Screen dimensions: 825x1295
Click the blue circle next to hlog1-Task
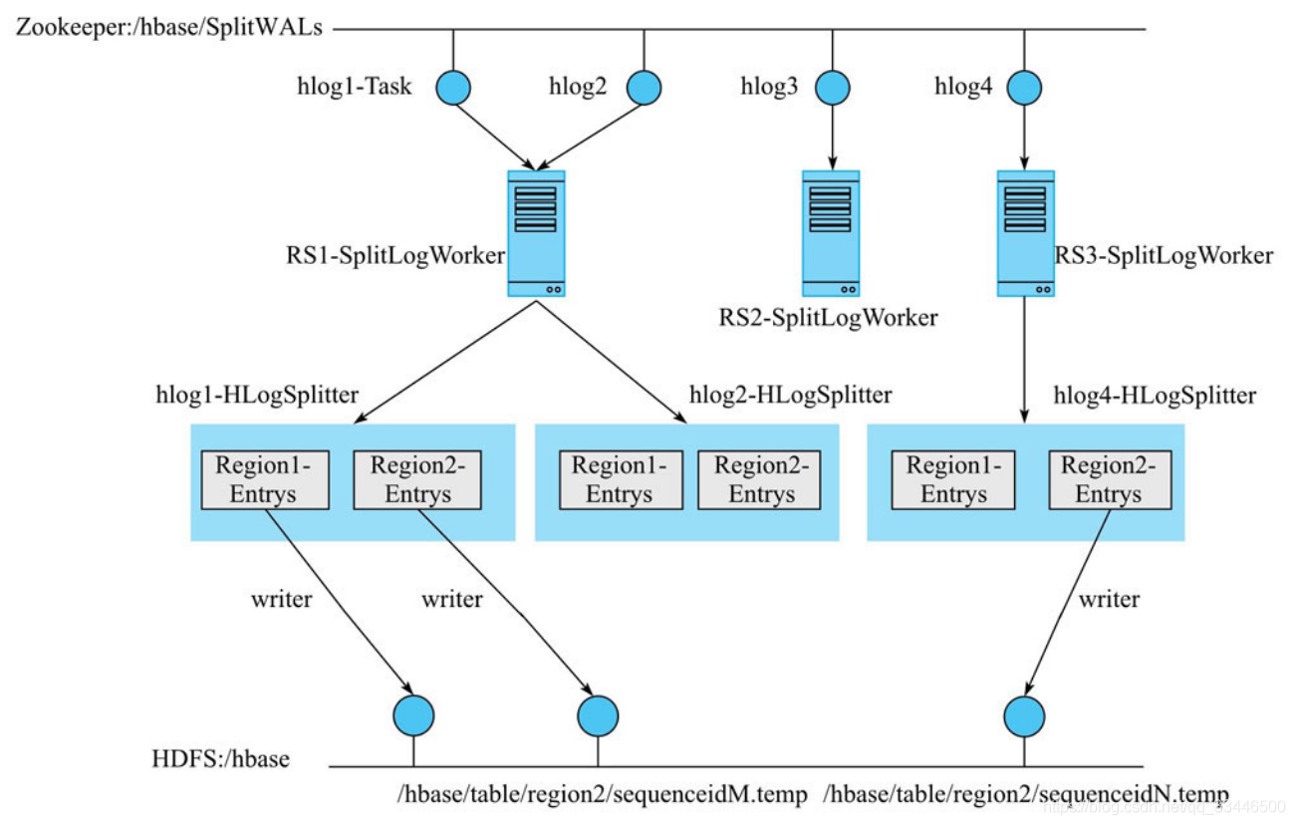pos(453,88)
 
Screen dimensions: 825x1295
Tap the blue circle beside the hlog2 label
pos(644,88)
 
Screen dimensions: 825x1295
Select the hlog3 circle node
pos(833,88)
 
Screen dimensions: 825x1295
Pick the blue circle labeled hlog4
pos(1025,88)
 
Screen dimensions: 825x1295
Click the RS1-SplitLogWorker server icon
pos(536,232)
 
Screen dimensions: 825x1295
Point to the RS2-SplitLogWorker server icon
pos(830,232)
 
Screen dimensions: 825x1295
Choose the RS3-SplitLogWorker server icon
pos(1025,232)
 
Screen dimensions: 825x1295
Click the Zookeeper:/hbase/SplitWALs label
pos(168,28)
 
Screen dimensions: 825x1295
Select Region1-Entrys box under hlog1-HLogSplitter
pos(264,479)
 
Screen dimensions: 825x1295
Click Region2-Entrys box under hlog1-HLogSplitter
pos(417,479)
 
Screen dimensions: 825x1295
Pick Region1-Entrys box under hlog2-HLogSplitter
pos(619,479)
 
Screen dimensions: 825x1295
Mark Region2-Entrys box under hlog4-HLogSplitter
pos(1109,479)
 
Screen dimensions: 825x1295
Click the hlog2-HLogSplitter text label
pos(790,396)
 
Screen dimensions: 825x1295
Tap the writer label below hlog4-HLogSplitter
pos(1110,599)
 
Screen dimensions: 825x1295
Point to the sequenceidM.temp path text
pos(602,794)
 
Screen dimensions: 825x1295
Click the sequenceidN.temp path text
pos(1026,794)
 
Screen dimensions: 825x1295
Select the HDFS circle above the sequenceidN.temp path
pos(1024,715)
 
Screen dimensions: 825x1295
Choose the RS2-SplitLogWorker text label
pos(828,318)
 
